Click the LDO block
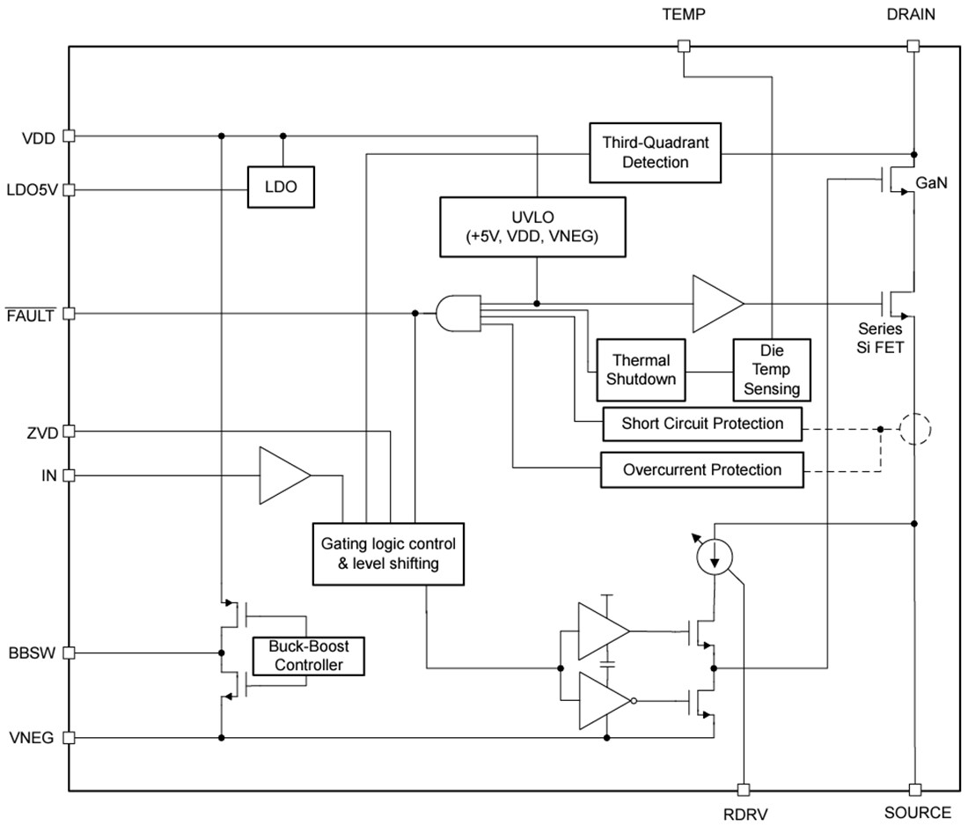click(282, 187)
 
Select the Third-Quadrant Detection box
click(655, 151)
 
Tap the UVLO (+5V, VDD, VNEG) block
click(533, 226)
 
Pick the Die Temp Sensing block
click(772, 369)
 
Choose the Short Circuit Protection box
click(702, 424)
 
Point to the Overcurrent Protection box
click(702, 469)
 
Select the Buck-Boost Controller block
click(307, 655)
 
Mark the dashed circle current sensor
click(914, 430)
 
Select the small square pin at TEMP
click(685, 46)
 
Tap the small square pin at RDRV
click(744, 790)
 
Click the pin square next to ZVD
click(70, 431)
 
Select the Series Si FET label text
click(881, 338)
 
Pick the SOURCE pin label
click(916, 813)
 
